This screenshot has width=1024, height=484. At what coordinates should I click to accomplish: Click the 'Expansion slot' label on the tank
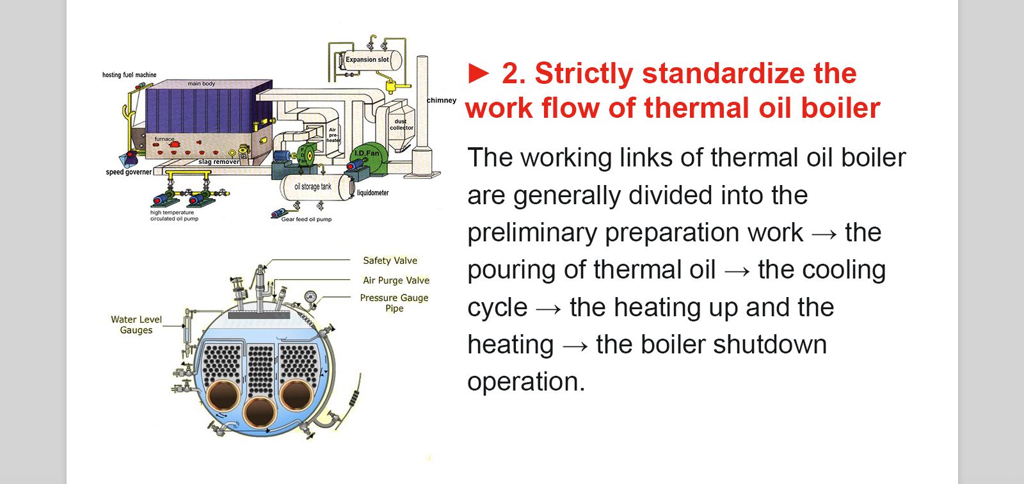point(367,60)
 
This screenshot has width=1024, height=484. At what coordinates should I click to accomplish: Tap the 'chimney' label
point(442,100)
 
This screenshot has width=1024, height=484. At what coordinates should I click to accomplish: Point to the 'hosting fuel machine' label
point(129,74)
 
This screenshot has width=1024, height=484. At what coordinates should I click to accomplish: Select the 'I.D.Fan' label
point(367,153)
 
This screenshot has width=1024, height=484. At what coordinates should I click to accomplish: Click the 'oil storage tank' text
point(313,187)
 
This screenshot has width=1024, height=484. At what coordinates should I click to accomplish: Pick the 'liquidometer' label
point(372,193)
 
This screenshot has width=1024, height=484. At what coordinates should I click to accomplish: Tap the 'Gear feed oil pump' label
point(307,219)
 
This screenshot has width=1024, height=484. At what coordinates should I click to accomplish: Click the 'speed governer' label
point(129,172)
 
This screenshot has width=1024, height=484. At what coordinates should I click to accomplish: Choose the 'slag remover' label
point(219,161)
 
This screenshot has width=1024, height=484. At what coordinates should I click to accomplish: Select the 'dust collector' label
point(401,124)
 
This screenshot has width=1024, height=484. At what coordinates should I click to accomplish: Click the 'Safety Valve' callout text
point(390,261)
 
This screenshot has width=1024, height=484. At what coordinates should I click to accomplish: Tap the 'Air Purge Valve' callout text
point(396,280)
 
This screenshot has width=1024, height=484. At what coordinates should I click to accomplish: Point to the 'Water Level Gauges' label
point(136,325)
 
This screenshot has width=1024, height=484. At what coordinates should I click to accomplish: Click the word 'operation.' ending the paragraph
point(526,382)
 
